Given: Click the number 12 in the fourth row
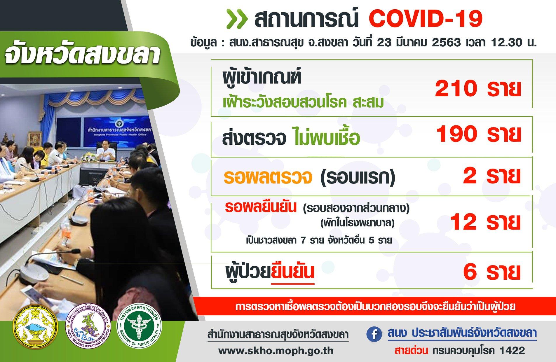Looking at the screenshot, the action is tap(464, 222).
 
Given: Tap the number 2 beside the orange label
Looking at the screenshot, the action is tap(470, 176).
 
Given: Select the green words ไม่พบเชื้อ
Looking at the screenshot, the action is tap(326, 138).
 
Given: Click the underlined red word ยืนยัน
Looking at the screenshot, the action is tap(293, 272).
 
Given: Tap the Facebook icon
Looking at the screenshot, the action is tap(374, 335).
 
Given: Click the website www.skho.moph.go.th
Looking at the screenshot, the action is tap(276, 350).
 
